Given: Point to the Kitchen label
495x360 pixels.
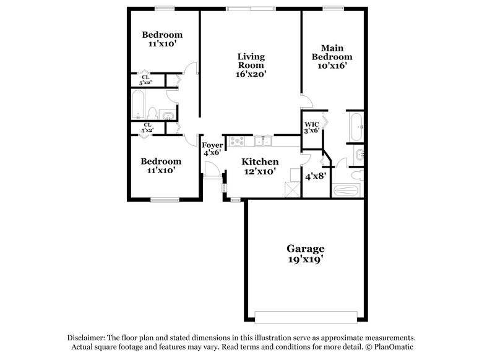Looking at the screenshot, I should point(255,162).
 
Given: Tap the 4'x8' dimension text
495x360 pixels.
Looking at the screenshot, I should point(316,176).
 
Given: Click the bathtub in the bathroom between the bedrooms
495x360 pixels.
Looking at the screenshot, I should point(137,104).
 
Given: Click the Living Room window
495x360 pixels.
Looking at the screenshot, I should point(251,8).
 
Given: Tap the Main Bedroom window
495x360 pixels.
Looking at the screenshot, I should point(332,8).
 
